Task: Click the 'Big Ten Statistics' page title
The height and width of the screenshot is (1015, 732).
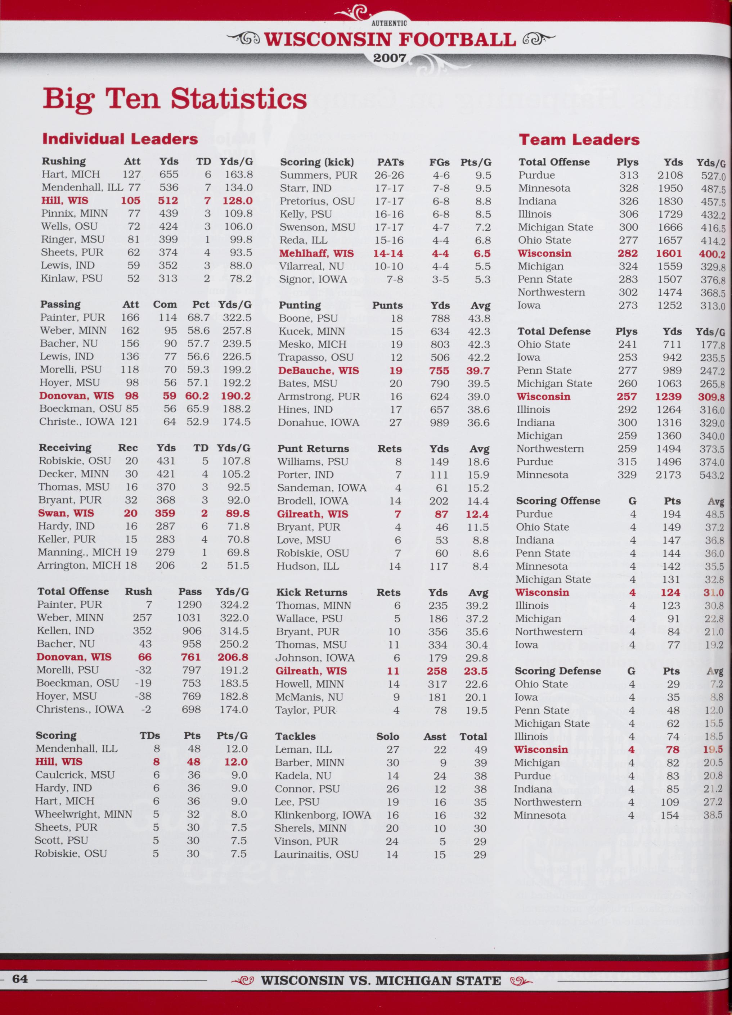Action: point(175,99)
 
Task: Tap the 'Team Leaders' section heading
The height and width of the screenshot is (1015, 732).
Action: point(579,140)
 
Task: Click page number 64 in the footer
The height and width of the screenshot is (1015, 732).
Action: point(20,979)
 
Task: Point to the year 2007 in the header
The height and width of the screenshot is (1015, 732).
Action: point(390,58)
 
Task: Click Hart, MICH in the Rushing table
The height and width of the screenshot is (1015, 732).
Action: point(71,175)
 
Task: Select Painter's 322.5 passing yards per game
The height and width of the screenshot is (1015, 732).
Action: point(237,318)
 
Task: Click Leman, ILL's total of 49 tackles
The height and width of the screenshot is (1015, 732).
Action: point(480,750)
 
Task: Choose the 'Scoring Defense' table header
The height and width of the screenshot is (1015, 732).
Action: point(557,671)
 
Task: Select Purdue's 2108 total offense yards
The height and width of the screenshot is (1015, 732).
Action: point(670,175)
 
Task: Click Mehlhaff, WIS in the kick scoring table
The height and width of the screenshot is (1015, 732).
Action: point(316,254)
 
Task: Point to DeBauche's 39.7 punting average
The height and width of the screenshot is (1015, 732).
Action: point(478,371)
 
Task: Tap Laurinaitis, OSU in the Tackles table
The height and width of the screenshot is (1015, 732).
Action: point(316,855)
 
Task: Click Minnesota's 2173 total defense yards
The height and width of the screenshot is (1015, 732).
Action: point(668,475)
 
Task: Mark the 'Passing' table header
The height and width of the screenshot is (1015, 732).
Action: point(60,304)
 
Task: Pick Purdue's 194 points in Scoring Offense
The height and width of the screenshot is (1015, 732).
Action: point(671,514)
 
